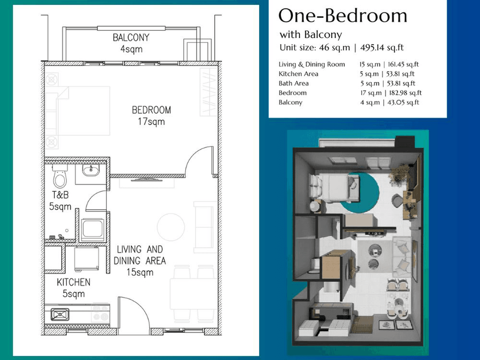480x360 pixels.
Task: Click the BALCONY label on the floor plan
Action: pyautogui.click(x=131, y=37)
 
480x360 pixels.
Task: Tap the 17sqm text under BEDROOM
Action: pyautogui.click(x=151, y=122)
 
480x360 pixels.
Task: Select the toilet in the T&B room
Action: pyautogui.click(x=60, y=176)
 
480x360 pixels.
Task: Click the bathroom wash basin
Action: pyautogui.click(x=91, y=170)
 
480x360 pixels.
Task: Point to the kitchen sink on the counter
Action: pyautogui.click(x=60, y=314)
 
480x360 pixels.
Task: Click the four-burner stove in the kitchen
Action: pyautogui.click(x=100, y=314)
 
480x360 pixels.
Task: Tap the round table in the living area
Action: pyautogui.click(x=171, y=227)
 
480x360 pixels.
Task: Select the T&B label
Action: pyautogui.click(x=60, y=195)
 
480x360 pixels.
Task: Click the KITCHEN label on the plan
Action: pyautogui.click(x=74, y=282)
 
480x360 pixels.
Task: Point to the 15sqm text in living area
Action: pyautogui.click(x=140, y=272)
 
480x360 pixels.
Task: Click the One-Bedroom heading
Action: pyautogui.click(x=343, y=16)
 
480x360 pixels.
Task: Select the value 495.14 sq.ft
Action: pyautogui.click(x=382, y=48)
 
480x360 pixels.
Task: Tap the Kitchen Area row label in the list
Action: pyautogui.click(x=298, y=74)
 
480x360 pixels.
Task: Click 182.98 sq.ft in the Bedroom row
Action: pyautogui.click(x=405, y=93)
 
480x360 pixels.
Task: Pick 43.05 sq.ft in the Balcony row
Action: pyautogui.click(x=403, y=102)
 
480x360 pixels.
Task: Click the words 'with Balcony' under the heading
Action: pyautogui.click(x=311, y=34)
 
